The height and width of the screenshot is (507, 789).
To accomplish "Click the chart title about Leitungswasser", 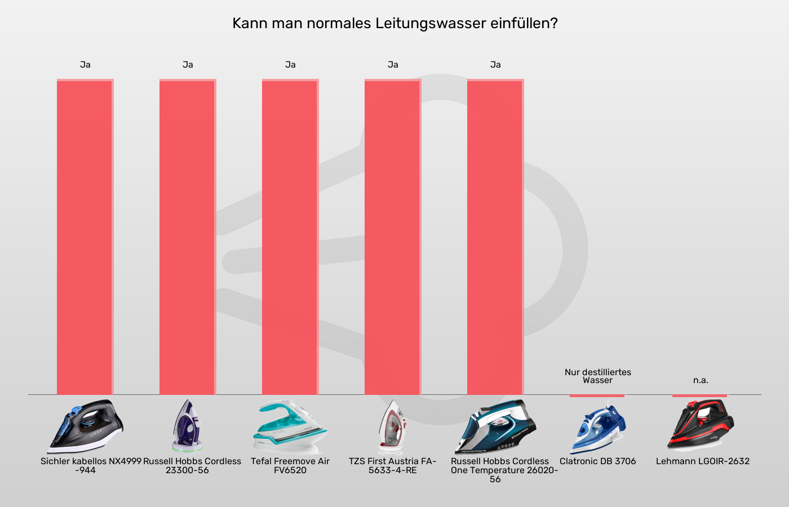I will coord(394,24).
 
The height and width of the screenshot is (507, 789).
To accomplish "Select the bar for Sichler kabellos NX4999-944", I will coord(85,237).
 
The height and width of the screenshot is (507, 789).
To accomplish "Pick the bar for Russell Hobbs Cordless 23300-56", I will coord(188,237).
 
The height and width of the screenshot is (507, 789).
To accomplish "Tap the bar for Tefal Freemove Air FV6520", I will coord(290,237).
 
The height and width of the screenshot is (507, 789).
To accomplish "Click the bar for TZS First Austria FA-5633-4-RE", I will coord(393,237).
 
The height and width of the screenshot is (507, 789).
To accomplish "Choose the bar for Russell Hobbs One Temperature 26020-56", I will coord(495,237).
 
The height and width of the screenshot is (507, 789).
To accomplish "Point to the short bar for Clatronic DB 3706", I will coord(597,395).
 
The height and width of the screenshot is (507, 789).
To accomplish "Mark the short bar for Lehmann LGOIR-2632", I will coord(699,395).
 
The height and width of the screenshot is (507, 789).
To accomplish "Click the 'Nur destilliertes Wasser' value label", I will coord(597,376).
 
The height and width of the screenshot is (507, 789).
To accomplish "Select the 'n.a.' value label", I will coord(701,380).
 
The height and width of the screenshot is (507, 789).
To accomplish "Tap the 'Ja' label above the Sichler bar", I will coord(85,65).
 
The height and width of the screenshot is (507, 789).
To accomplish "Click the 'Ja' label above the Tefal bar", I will coord(290,65).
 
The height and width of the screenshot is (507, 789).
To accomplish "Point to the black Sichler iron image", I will coord(85,426).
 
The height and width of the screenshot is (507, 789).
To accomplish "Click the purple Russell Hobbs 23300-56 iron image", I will coord(188,426).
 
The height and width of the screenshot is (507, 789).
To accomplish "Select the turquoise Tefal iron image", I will coord(290,426).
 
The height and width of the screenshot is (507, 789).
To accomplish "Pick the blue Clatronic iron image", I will coord(597,426).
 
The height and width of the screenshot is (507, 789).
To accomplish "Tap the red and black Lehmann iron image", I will coord(701,425).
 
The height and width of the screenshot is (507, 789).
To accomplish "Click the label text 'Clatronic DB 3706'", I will coord(597,461).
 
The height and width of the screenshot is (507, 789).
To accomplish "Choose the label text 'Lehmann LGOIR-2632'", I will coord(703,461).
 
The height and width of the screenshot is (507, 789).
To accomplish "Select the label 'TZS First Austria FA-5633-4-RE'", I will coord(393,465).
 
